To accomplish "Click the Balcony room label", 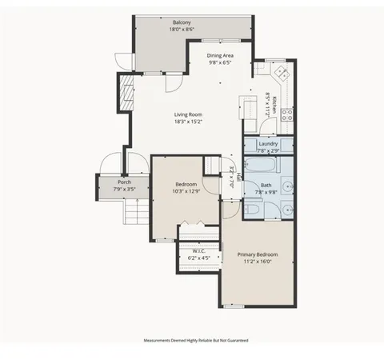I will pyautogui.click(x=182, y=22).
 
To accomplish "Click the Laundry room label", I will pyautogui.click(x=268, y=143).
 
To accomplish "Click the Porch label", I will pyautogui.click(x=124, y=182).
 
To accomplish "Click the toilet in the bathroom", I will pyautogui.click(x=252, y=209).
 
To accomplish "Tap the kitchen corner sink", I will pyautogui.click(x=282, y=71).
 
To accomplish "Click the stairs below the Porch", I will pyautogui.click(x=135, y=212).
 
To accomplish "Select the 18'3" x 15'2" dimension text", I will pyautogui.click(x=189, y=122).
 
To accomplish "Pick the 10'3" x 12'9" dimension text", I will pyautogui.click(x=184, y=190).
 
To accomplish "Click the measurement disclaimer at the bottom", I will pyautogui.click(x=195, y=340).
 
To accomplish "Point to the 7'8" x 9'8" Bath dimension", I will pyautogui.click(x=266, y=192).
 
